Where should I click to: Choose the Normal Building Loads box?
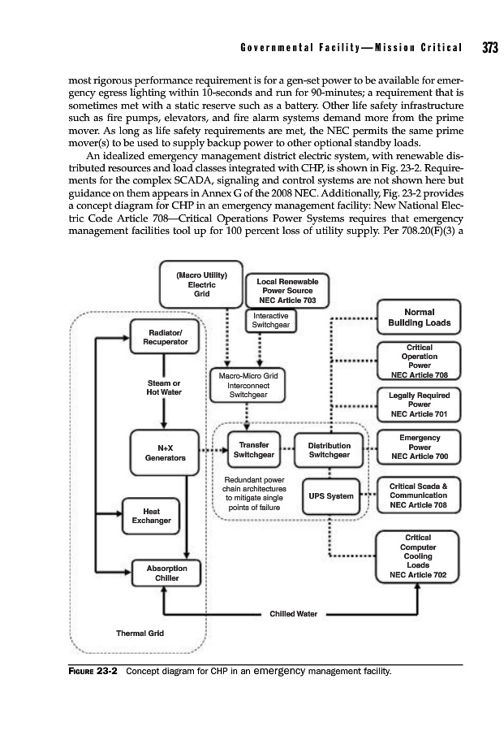(419, 317)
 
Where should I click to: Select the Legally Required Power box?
(419, 404)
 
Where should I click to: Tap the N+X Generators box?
(165, 452)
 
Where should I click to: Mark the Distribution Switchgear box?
(329, 450)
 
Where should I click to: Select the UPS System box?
(329, 496)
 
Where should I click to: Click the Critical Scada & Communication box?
(419, 495)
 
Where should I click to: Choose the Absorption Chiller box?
(166, 573)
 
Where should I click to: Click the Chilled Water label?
(293, 614)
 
